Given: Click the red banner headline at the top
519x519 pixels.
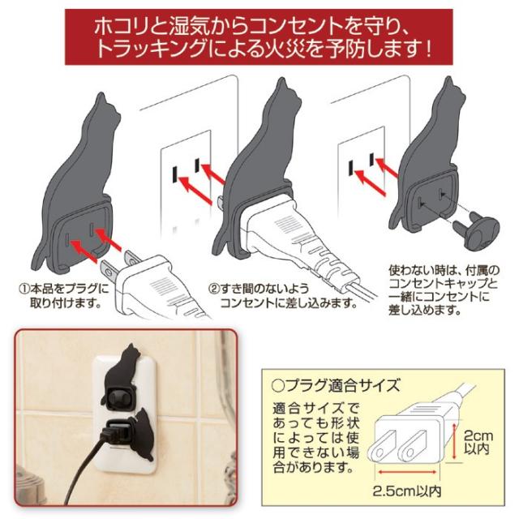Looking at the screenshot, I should pos(259,36).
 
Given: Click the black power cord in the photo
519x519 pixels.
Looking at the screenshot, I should pos(89,478).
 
